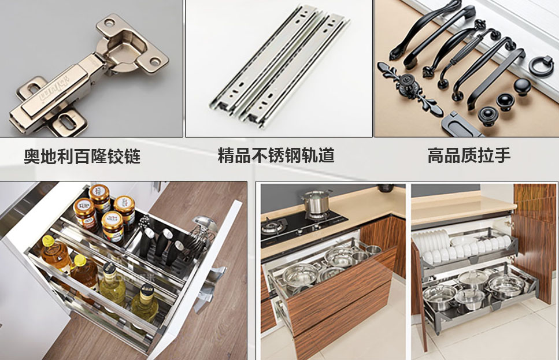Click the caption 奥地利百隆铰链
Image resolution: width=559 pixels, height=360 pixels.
[x=82, y=156]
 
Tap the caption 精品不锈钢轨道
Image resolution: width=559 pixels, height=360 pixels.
[x=276, y=155]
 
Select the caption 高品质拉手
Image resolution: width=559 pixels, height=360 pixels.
[x=469, y=155]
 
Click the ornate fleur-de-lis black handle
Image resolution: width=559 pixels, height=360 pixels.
[x=410, y=89]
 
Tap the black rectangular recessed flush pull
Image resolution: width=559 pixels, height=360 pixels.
[x=460, y=125]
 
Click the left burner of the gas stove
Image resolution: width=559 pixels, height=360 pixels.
[x=274, y=225]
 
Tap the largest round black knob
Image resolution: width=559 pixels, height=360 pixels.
[x=522, y=86]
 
